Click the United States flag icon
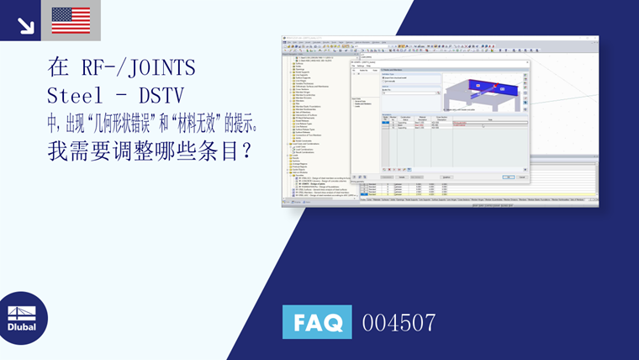tap(71, 20)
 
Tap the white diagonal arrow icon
tap(25, 24)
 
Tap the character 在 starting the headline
tap(57, 66)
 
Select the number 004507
tap(399, 322)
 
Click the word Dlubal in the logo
tap(22, 327)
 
